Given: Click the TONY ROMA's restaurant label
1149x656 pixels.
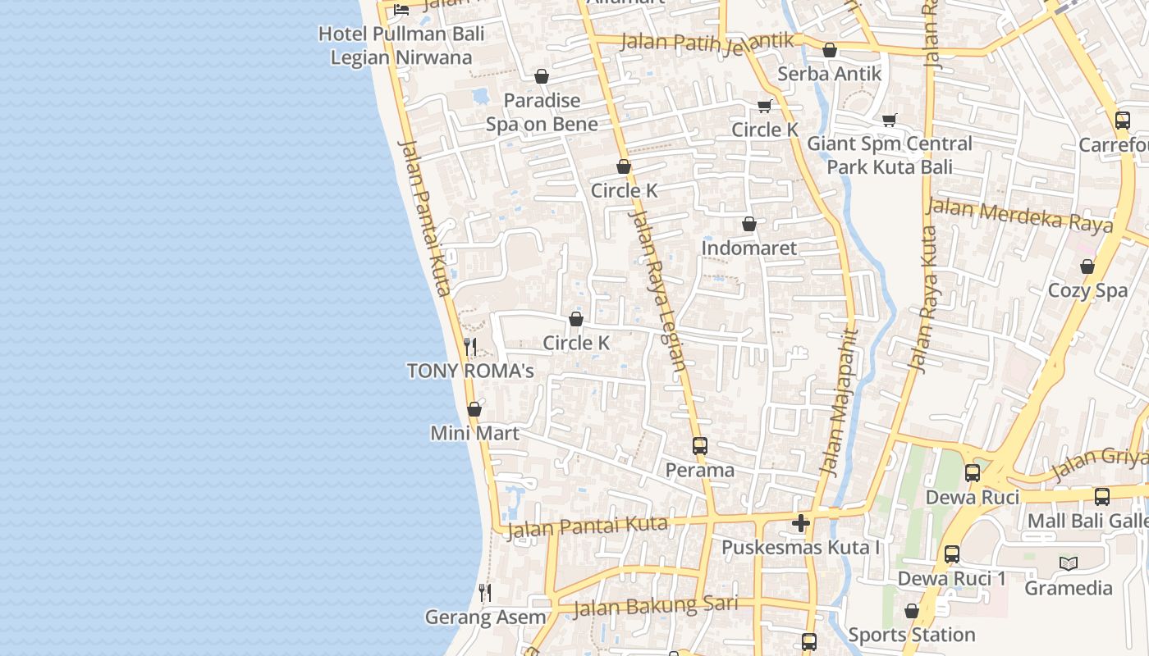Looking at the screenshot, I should (x=470, y=371).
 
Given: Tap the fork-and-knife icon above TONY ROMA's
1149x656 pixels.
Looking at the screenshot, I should (x=470, y=347).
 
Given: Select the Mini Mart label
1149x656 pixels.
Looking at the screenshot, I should (x=474, y=432).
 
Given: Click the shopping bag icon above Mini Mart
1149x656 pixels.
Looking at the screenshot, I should (x=474, y=409).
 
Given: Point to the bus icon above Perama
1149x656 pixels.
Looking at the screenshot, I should (x=699, y=446).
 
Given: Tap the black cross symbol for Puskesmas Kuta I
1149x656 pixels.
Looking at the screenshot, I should (x=801, y=523).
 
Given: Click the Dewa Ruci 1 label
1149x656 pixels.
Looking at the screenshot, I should (x=951, y=578).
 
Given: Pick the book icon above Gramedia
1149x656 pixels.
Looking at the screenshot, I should (x=1068, y=563).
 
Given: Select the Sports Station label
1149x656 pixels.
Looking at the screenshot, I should (x=911, y=635).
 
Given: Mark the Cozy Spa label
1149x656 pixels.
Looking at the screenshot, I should (x=1087, y=290).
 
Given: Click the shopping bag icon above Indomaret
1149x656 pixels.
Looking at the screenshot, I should (x=748, y=224).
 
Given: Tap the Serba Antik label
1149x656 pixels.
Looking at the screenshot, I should (x=829, y=73).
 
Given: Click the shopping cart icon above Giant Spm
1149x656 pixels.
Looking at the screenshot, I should (x=890, y=121).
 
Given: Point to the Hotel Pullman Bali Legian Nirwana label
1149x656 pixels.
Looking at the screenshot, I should (x=401, y=45).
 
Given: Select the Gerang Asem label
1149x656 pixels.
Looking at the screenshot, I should (x=485, y=617).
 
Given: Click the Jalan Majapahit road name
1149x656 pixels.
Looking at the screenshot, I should (x=839, y=402).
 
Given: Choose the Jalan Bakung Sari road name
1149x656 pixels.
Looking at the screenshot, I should (x=655, y=606).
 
